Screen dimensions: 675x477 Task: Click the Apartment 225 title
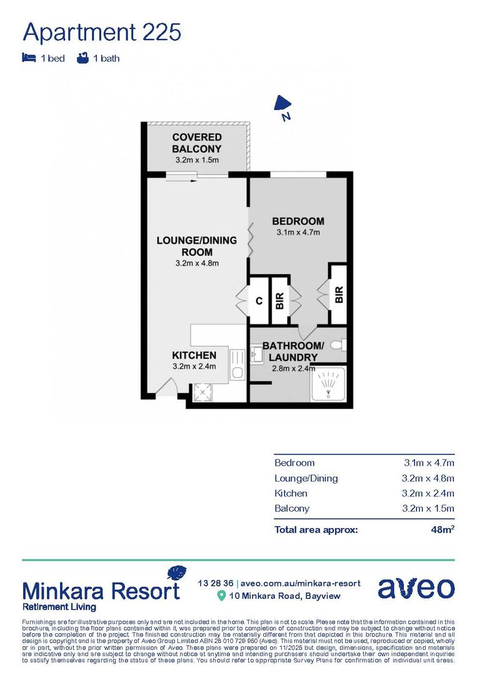point(102,32)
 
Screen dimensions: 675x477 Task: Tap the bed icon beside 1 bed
point(28,58)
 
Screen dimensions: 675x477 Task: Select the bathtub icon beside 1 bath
point(81,58)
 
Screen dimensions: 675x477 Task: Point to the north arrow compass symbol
point(283,105)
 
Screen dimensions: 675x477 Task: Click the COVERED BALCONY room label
point(197,142)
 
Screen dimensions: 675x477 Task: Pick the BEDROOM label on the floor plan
point(298,221)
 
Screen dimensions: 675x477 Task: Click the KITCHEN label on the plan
point(194,355)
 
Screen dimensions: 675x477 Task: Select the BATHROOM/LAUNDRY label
point(293,351)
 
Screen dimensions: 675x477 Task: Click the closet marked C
point(258,301)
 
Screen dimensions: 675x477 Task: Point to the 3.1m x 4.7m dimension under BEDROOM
point(298,232)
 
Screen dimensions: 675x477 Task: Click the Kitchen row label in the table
point(291,493)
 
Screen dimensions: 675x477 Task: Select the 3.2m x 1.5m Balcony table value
point(428,508)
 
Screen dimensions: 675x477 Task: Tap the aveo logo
point(416,588)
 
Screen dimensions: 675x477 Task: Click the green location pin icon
point(221,596)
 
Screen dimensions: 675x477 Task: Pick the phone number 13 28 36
point(214,582)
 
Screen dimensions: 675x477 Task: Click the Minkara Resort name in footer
point(101,590)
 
